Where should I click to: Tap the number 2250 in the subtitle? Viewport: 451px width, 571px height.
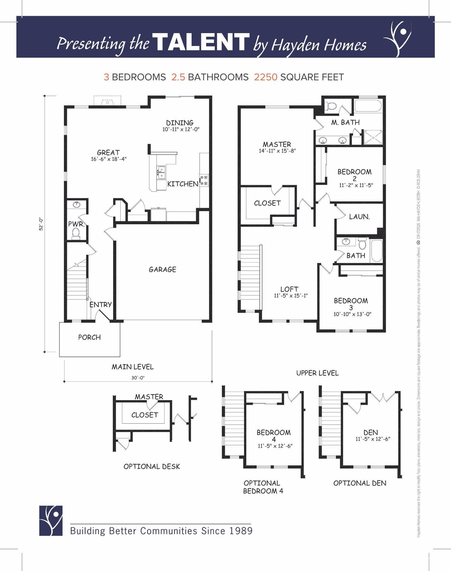coord(265,77)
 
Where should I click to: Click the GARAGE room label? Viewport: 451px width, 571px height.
coord(162,269)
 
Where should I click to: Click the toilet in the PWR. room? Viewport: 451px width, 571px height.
coord(76,233)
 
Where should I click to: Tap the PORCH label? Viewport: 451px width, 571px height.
coord(89,337)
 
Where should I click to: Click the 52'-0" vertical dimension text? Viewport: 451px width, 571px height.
coord(41,224)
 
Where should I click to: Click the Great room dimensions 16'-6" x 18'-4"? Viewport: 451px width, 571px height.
coord(109,159)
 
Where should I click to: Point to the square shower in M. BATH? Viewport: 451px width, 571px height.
coord(373,138)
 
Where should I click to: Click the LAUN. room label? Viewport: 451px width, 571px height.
coord(359,217)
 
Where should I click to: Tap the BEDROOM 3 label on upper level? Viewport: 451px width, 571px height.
coord(351,304)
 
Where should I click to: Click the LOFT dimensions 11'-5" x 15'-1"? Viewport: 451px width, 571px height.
coord(290,296)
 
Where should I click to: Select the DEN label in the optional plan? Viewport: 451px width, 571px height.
coord(370,432)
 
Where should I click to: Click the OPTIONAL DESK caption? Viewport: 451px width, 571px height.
coord(152,467)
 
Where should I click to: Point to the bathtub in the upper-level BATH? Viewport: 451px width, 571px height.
coord(377,251)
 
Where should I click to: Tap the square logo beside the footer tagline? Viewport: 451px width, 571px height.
coord(51,521)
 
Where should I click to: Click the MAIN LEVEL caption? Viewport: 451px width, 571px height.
coord(133,367)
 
